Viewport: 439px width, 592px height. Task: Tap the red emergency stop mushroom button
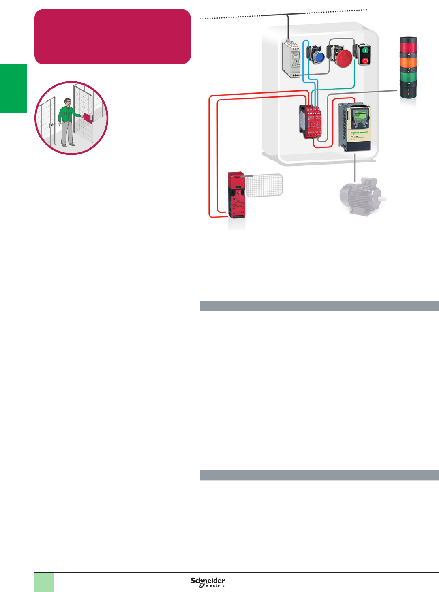point(344,58)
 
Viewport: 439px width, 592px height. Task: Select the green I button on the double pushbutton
point(365,51)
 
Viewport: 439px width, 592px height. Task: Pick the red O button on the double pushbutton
point(365,60)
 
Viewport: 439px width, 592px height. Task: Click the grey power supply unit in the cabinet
point(291,59)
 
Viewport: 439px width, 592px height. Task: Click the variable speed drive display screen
point(360,115)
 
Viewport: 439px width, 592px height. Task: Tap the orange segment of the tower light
point(408,62)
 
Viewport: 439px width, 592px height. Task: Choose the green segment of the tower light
point(408,76)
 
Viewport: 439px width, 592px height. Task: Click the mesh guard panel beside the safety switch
point(264,185)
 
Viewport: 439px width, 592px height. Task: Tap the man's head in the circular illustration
point(68,101)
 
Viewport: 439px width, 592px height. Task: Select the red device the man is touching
point(88,118)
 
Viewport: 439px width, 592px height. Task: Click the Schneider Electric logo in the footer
point(208,582)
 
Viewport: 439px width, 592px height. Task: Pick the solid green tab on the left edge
point(13,88)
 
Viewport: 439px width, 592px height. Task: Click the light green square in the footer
point(44,582)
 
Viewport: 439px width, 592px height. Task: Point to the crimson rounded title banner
point(113,36)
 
